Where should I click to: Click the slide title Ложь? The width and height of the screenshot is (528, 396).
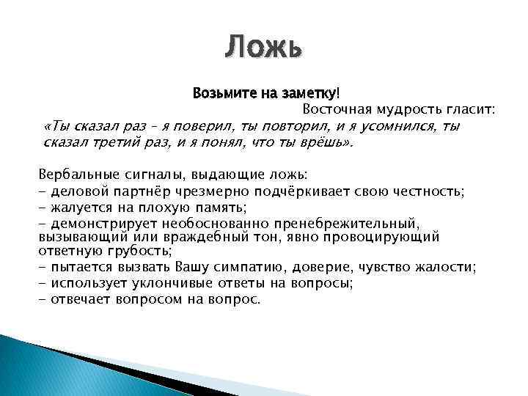pos(263,47)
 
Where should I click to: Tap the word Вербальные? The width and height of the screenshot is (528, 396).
pos(73,176)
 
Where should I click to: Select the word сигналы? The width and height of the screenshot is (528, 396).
pos(139,176)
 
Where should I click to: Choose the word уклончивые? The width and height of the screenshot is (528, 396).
pos(153,283)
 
